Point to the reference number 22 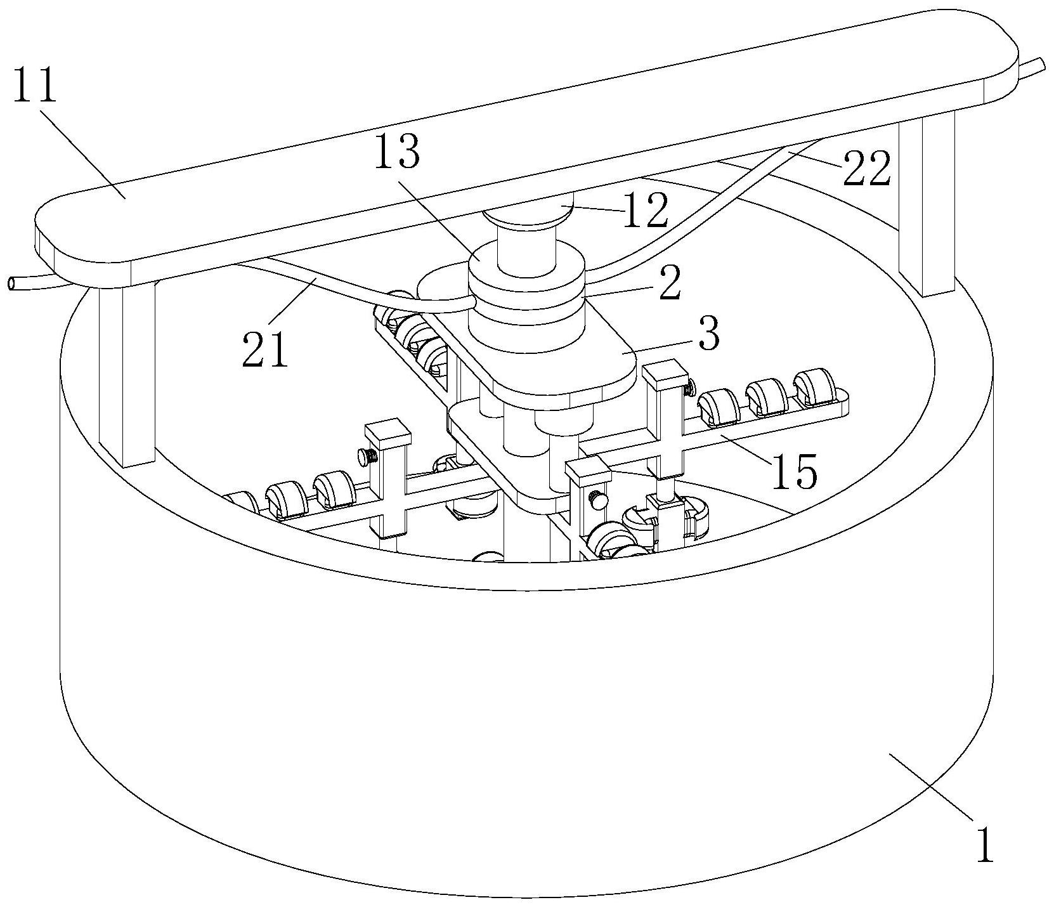coord(866,167)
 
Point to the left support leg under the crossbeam coord(127,374)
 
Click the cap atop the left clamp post coord(387,432)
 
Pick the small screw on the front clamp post coord(597,499)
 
